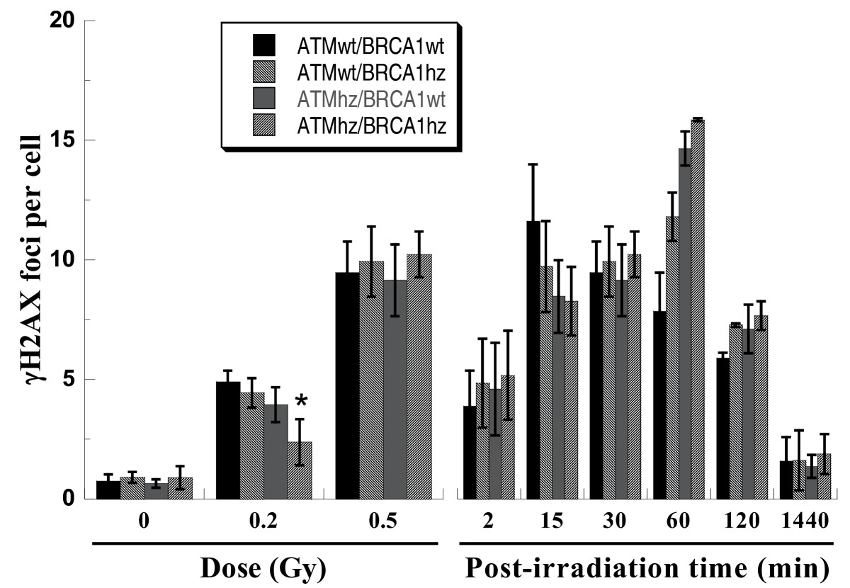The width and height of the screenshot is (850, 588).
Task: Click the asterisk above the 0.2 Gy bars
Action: [x=301, y=402]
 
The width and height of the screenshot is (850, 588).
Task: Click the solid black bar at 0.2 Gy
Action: [x=227, y=440]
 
